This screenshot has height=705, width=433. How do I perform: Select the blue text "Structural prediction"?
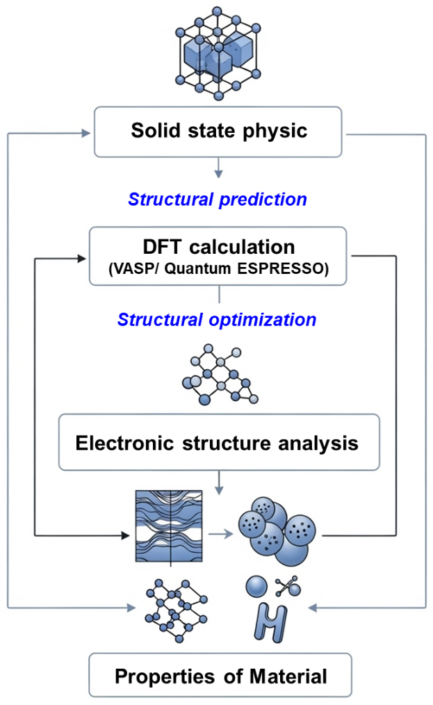[218, 199]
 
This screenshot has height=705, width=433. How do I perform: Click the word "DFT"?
[163, 247]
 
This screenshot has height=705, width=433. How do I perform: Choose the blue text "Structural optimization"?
[217, 320]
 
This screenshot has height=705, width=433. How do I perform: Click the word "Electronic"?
[124, 443]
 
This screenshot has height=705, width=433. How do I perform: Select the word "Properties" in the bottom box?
[165, 676]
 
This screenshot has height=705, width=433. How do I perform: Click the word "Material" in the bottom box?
[288, 676]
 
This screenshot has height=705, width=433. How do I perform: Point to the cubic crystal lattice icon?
[218, 53]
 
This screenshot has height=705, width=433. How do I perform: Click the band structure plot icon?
[169, 526]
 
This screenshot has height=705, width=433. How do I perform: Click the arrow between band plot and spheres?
[221, 534]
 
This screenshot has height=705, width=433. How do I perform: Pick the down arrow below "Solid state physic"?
[218, 168]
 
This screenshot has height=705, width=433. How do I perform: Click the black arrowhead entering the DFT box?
[82, 259]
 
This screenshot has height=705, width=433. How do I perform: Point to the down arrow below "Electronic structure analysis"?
[219, 483]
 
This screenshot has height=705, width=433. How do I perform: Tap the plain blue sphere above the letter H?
[256, 587]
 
